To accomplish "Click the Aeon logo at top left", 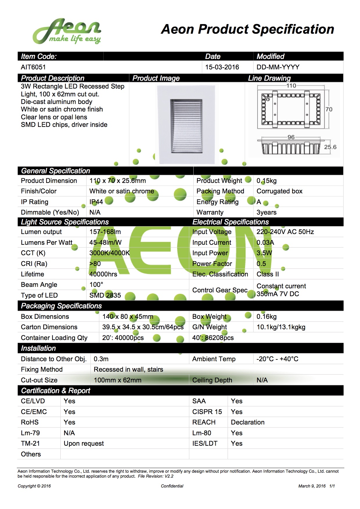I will click(67, 31).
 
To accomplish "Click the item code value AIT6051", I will click(33, 67).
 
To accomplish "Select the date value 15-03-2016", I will click(222, 67).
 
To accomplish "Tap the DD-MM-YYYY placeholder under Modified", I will click(278, 67).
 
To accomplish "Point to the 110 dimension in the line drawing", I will click(291, 86).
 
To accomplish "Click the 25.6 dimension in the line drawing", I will click(330, 147).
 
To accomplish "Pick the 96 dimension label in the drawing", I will click(291, 137).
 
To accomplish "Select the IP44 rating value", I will click(96, 202).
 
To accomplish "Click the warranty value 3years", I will click(266, 212).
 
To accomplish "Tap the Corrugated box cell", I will click(279, 191).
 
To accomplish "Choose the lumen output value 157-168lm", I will click(105, 232).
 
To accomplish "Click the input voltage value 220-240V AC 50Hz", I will click(285, 232).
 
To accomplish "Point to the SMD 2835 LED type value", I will click(105, 295).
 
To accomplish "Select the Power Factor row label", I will click(212, 264).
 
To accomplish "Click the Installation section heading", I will click(38, 348).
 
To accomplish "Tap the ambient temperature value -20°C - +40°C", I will click(277, 359).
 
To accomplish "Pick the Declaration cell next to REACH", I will click(248, 422).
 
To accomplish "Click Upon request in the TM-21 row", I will click(84, 443).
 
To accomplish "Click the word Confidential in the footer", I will click(172, 486).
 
